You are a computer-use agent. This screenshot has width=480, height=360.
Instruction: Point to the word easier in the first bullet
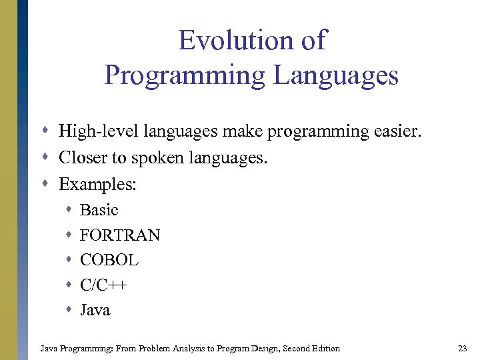pyautogui.click(x=398, y=131)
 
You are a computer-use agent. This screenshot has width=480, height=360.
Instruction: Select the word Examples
pyautogui.click(x=97, y=184)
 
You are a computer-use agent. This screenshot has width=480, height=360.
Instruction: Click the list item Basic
pyautogui.click(x=99, y=210)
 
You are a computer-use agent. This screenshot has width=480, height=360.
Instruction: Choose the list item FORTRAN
pyautogui.click(x=120, y=235)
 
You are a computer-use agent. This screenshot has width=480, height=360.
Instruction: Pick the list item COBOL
pyautogui.click(x=109, y=260)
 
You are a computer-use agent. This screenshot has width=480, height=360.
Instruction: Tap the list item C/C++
pyautogui.click(x=103, y=285)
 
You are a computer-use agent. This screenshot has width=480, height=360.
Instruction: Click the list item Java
pyautogui.click(x=95, y=310)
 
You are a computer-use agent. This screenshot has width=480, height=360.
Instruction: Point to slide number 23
pyautogui.click(x=463, y=348)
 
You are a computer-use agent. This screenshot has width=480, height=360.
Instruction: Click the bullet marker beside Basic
pyautogui.click(x=69, y=210)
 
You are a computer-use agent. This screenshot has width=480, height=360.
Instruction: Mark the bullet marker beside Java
pyautogui.click(x=69, y=310)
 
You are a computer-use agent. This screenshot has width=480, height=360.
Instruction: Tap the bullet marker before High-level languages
pyautogui.click(x=48, y=131)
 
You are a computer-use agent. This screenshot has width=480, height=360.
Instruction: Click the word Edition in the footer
pyautogui.click(x=325, y=348)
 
